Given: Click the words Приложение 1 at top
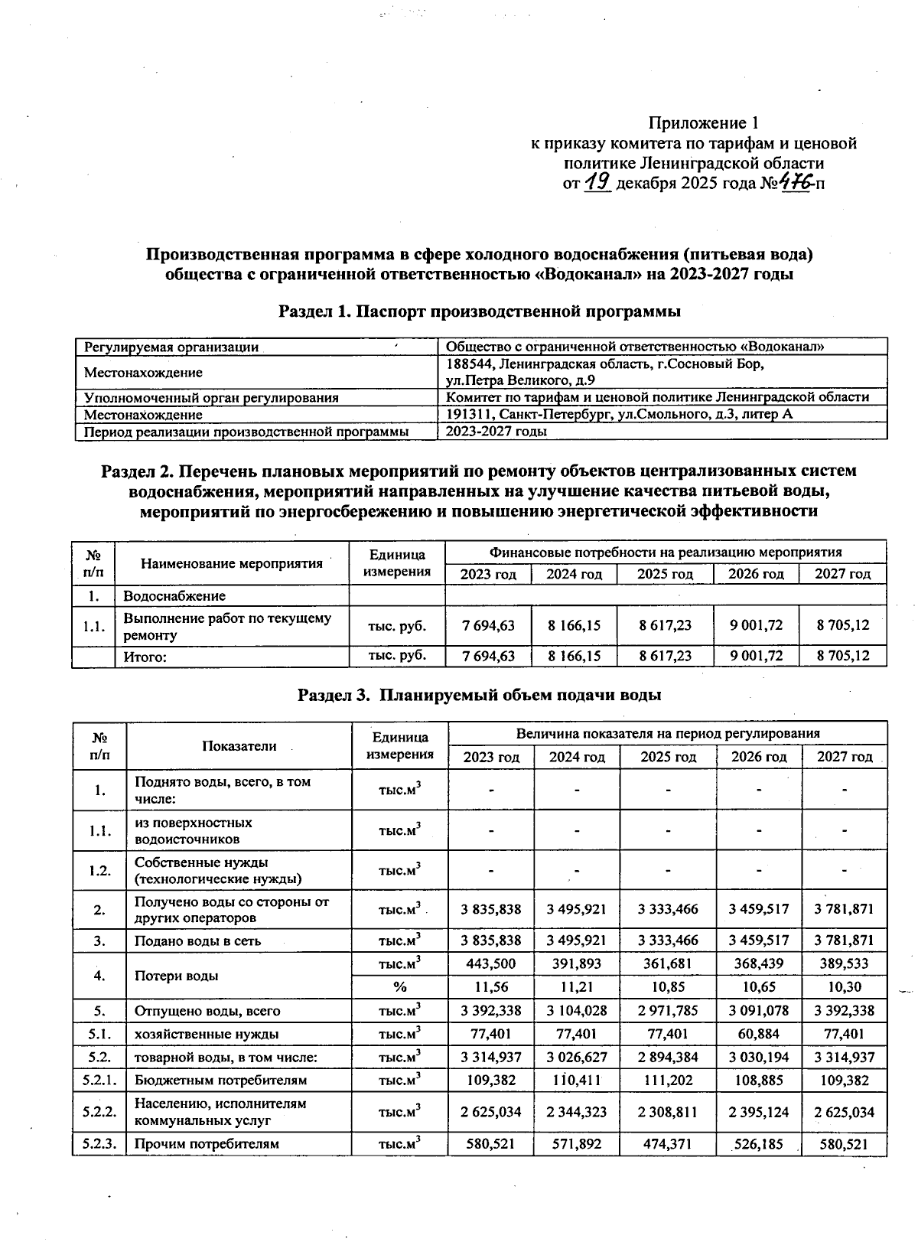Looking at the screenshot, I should [703, 123].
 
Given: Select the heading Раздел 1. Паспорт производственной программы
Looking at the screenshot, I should [480, 311].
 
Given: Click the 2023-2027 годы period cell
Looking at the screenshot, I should [496, 432].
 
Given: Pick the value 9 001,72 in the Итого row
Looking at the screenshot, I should [755, 656].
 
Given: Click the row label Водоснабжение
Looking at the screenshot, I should [174, 595].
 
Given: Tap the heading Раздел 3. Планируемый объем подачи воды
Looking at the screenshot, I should [479, 695].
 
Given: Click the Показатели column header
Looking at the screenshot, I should [239, 745].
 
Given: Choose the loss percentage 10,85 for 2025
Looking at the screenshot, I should [667, 987].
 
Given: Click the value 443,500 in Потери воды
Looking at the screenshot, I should [490, 963].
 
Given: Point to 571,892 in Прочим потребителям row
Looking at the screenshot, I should [577, 1144].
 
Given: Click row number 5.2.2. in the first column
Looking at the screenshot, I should [99, 1112].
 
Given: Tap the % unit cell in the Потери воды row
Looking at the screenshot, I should [399, 987].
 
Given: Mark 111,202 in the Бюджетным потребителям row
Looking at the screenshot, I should [667, 1081].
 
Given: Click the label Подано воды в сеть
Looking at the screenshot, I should [197, 940].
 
